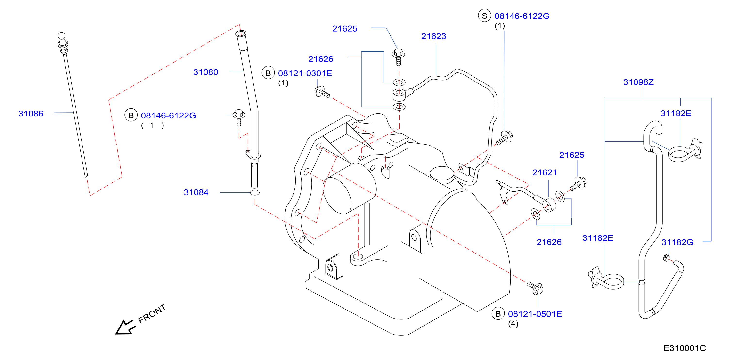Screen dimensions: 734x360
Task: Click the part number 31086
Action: point(31,114)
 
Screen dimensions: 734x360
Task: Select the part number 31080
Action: point(206,72)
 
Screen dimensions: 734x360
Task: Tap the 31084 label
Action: point(196,192)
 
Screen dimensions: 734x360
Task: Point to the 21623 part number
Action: point(434,36)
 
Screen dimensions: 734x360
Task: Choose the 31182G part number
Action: point(677,242)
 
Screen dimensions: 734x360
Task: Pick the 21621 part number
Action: point(545,172)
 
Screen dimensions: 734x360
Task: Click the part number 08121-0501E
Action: point(535,314)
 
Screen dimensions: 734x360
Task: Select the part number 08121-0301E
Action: point(305,74)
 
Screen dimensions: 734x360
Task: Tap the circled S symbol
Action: point(484,16)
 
